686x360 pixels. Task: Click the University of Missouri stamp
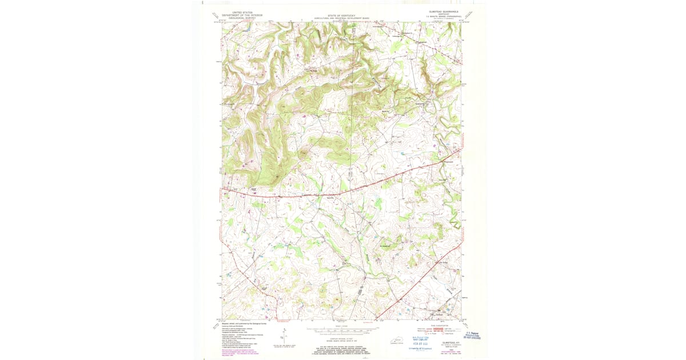click(x=420, y=347)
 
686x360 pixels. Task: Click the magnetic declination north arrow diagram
click(x=284, y=337)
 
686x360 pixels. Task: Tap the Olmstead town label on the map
click(x=439, y=314)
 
